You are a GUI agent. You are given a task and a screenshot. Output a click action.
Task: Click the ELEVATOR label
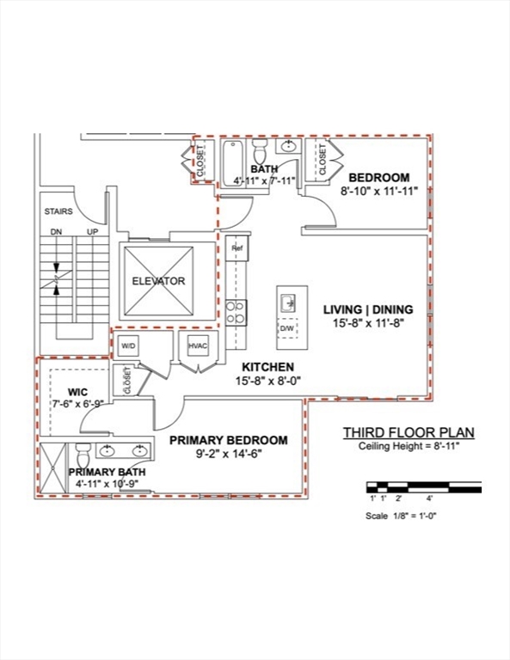(x=158, y=281)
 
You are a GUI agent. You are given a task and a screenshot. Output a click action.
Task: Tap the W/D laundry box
(x=129, y=345)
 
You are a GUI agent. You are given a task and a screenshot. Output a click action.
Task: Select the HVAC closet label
(x=199, y=345)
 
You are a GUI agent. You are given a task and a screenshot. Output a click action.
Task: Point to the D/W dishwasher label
(x=286, y=328)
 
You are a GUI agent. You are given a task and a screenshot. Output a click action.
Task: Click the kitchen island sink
(x=289, y=302)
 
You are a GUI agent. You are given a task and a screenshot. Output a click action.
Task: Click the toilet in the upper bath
(x=260, y=155)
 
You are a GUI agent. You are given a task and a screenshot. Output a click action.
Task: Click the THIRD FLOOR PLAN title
(x=409, y=432)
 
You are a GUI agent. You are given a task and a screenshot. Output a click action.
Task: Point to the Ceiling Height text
(x=409, y=447)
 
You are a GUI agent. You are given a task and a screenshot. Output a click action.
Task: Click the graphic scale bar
(x=423, y=487)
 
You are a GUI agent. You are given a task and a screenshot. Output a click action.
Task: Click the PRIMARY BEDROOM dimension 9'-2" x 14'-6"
(x=228, y=456)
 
